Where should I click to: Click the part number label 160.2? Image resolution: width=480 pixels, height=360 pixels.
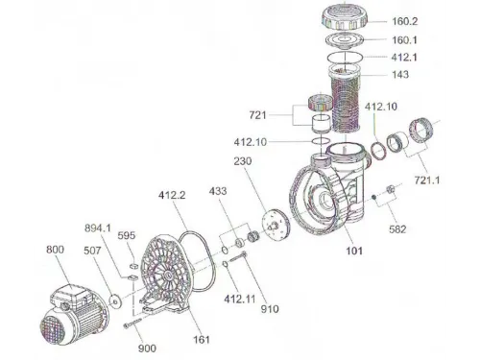pos(405,21)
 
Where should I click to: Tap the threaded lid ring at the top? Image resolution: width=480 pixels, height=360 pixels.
pos(344,17)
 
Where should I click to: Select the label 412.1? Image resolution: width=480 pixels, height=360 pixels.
pos(404,58)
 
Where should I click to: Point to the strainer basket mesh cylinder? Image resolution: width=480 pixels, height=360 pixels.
pos(346,99)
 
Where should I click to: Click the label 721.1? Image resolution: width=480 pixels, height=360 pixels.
pos(427,180)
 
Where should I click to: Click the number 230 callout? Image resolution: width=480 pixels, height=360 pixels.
pos(243,161)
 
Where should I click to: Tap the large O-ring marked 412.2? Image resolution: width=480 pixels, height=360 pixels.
pos(198,261)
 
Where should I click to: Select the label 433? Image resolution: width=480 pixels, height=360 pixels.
pos(218,191)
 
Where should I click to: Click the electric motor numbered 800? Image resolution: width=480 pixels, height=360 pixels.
pos(74,315)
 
